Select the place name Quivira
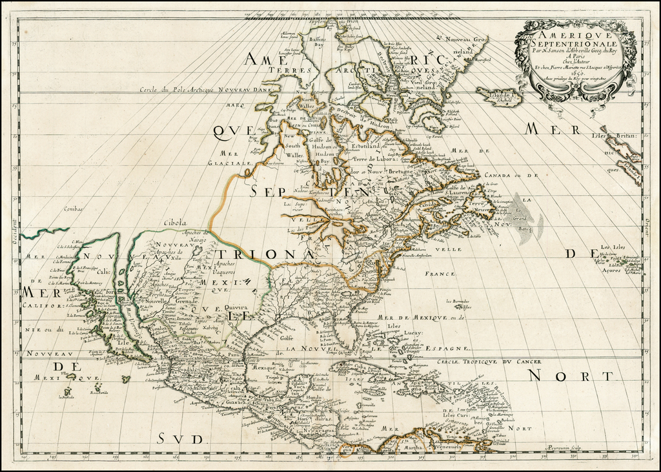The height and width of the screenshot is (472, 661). tap(236, 309)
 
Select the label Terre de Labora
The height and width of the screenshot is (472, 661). tap(376, 158)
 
